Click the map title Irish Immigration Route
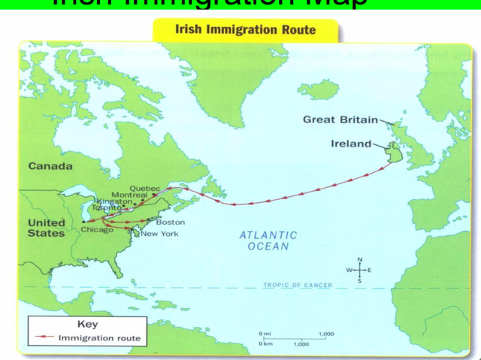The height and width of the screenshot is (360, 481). pos(245,31)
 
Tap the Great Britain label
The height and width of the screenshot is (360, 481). pos(340,119)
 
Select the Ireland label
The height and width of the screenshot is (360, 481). pos(351,144)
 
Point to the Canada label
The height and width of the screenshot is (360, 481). pos(50,165)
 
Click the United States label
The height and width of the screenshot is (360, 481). pos(47,228)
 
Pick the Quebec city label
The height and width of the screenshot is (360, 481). pos(146,188)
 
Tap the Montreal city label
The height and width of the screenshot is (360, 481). pos(129,195)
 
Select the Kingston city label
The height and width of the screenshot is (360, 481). pos(114,202)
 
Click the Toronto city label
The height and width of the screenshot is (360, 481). pos(106,208)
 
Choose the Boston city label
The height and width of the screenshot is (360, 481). pos(170,222)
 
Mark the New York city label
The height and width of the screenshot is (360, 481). pos(159,234)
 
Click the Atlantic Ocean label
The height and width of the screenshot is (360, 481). pos(268,241)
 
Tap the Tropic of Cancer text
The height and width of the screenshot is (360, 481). pos(298,286)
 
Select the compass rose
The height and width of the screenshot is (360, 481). pos(359,270)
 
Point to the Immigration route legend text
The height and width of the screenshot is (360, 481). pos(99,338)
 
